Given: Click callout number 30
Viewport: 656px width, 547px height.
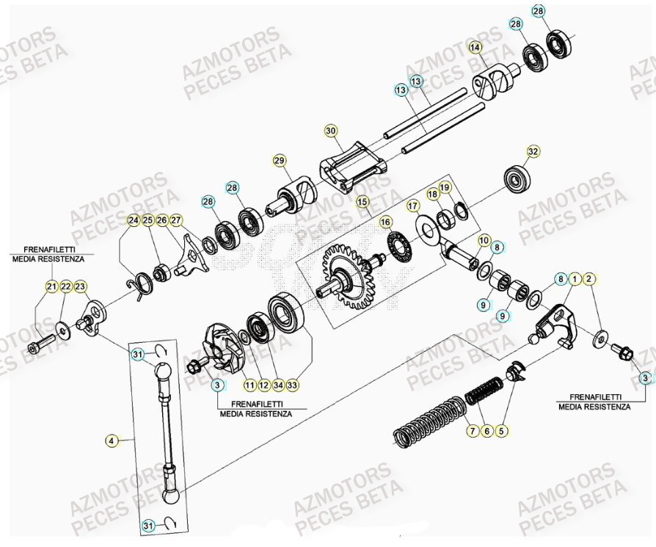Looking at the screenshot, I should tap(330, 131).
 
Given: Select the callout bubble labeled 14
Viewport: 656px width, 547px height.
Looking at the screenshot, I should tap(475, 48).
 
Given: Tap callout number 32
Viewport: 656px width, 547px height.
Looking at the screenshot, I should tap(533, 151).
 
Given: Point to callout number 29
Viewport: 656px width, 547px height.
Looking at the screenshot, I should tap(279, 161).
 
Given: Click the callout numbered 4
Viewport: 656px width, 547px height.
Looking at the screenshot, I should tap(111, 441).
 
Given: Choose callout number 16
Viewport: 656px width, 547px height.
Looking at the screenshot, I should tap(385, 221).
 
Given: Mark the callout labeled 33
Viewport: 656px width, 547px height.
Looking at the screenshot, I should tap(293, 384).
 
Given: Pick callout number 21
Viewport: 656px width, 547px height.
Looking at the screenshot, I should tap(51, 286).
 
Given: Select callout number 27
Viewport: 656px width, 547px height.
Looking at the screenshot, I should tap(175, 220).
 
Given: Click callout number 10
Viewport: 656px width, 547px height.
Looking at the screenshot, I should tap(484, 241).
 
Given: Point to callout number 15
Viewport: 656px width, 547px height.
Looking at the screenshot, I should tap(362, 200).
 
